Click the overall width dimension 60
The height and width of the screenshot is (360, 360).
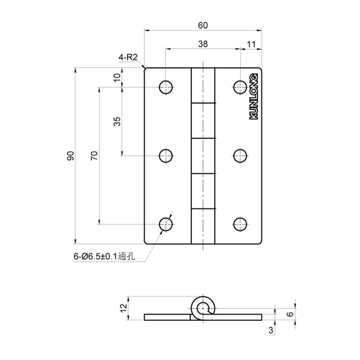pos(203,25)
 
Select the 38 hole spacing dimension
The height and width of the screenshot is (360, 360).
pos(203,44)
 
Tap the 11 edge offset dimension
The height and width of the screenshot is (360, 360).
pos(251,44)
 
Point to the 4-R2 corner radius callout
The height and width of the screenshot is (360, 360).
pos(128,58)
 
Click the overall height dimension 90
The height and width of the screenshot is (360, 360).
pos(71,155)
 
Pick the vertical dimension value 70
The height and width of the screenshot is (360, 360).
pos(94,155)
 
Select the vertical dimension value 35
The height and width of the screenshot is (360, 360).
pos(118,121)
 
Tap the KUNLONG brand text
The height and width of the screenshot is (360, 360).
pos(254,96)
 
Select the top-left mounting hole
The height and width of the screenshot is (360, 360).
pos(166,87)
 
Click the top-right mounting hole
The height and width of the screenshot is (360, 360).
pos(240,87)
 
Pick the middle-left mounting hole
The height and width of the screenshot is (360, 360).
pos(166,155)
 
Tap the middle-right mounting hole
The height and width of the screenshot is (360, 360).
pos(240,155)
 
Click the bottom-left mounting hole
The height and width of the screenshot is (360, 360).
pos(166,224)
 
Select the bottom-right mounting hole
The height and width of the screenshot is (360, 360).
pos(240,224)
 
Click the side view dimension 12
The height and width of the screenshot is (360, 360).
pos(123,308)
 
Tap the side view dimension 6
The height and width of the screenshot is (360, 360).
pos(290,314)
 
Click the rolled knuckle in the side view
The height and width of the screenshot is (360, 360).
pos(203,308)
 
